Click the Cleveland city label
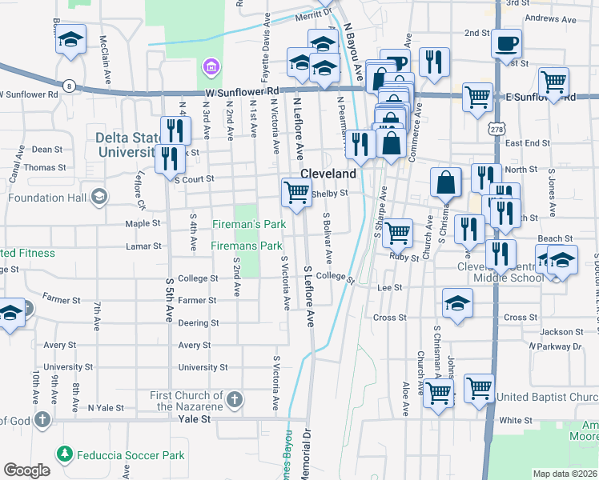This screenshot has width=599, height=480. coord(328,174)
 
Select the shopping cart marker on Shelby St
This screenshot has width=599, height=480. coord(296,192)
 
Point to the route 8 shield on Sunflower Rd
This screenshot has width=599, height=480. coord(70,86)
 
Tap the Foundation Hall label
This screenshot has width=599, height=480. coord(46,197)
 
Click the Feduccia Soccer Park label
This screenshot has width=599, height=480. coord(131,456)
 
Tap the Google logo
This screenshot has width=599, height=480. coord(26,470)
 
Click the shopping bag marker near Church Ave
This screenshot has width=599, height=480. coord(446,182)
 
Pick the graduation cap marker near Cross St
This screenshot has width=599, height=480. coord(457,303)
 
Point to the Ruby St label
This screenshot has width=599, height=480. coord(404,258)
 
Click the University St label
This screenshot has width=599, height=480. coord(203,367)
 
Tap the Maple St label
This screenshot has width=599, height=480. coord(143,223)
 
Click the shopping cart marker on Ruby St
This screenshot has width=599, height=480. coord(397,233)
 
